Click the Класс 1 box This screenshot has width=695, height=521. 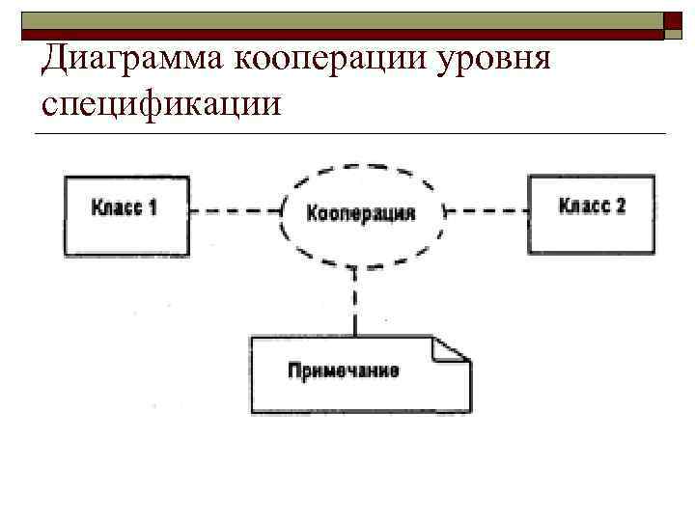pyautogui.click(x=125, y=214)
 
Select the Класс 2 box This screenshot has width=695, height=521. pyautogui.click(x=592, y=213)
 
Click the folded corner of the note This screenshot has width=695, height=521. pyautogui.click(x=451, y=349)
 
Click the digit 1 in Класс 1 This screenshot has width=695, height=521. pyautogui.click(x=153, y=207)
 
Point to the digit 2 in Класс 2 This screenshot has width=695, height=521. pyautogui.click(x=619, y=206)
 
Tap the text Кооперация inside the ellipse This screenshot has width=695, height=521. pyautogui.click(x=360, y=213)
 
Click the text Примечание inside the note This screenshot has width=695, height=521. pyautogui.click(x=343, y=370)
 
